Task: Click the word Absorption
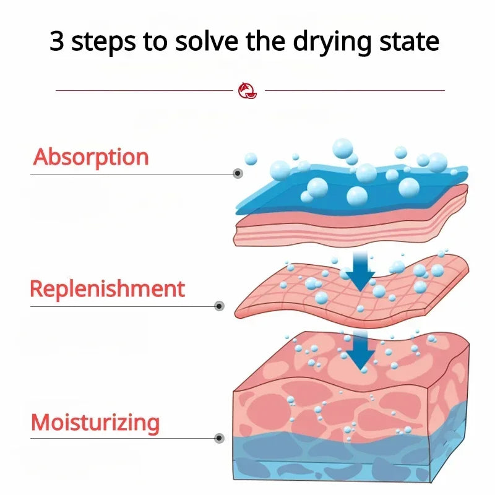(x=91, y=157)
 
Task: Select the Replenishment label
(x=107, y=289)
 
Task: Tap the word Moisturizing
(x=95, y=423)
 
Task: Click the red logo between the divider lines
(x=247, y=90)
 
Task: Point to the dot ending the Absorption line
(x=238, y=173)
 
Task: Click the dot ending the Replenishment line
(x=220, y=306)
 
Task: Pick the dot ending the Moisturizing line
(x=220, y=438)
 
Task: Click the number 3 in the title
(x=57, y=41)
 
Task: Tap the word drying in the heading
(x=332, y=43)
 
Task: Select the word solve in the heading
(x=207, y=41)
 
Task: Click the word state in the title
(x=410, y=41)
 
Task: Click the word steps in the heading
(x=104, y=43)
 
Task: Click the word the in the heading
(x=265, y=41)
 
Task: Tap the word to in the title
(x=155, y=42)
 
